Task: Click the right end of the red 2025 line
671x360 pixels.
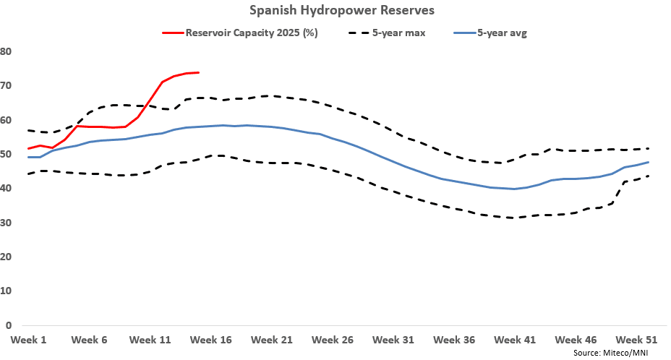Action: click(x=199, y=72)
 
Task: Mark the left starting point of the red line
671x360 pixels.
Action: click(x=27, y=149)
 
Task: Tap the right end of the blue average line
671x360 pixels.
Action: click(x=648, y=162)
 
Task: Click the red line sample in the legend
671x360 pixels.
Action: click(x=173, y=33)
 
